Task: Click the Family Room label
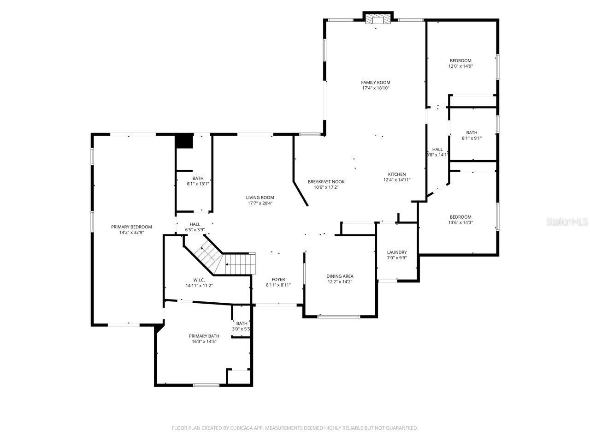376,83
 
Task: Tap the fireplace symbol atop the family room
378,19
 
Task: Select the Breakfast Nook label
326,182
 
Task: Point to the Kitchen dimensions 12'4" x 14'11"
397,180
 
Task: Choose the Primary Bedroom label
131,227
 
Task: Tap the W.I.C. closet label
199,280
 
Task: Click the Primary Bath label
204,336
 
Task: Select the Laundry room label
397,252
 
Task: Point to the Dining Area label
340,276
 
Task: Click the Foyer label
278,280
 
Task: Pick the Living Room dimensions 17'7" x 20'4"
260,203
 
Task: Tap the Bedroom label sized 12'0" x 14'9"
460,61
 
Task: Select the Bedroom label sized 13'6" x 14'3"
460,217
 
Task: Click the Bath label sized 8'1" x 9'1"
472,133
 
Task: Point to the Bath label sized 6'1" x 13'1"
198,179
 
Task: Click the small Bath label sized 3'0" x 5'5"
242,323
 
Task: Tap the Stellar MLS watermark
567,222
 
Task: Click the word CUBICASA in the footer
239,428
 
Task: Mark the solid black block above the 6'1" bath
184,141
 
